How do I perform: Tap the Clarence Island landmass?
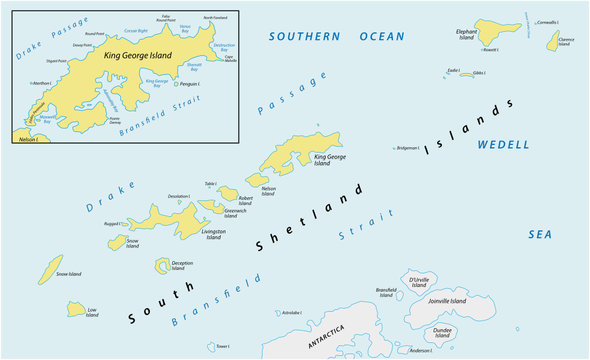click(x=552, y=40)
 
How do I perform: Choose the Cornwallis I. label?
click(x=547, y=22)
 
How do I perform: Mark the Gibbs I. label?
click(x=479, y=73)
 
